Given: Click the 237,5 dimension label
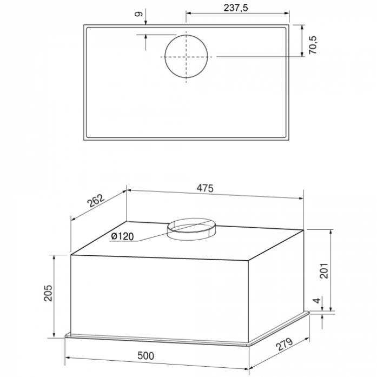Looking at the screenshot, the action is coord(236,8).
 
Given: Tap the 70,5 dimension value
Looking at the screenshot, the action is coord(313,45).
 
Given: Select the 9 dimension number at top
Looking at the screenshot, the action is coord(138,15).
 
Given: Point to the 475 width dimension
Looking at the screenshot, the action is coord(205,188).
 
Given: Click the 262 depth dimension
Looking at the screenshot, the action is coord(96,201).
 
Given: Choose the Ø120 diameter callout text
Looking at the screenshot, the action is coord(122,236).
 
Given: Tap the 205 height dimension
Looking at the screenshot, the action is coord(48,293).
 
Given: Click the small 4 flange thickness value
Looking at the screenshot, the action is coord(318,300).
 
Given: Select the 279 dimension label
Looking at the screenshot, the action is coord(284,345).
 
